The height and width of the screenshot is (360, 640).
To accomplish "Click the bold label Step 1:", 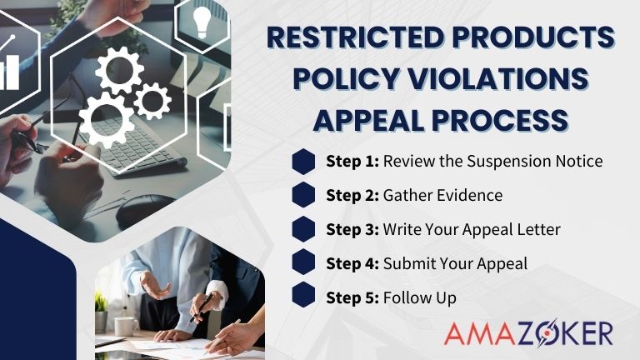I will [x=352, y=162].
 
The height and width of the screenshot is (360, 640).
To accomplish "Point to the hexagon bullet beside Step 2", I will [x=304, y=195].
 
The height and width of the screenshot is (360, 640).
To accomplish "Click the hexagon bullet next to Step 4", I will [x=304, y=263].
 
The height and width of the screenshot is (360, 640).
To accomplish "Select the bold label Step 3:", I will [x=352, y=230].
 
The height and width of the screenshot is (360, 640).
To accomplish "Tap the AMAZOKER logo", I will [x=527, y=333].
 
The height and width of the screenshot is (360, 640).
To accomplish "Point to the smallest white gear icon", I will [x=152, y=101].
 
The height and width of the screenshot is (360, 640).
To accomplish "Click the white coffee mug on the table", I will [x=126, y=325].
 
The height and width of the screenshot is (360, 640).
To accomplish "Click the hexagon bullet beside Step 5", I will [x=304, y=297].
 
